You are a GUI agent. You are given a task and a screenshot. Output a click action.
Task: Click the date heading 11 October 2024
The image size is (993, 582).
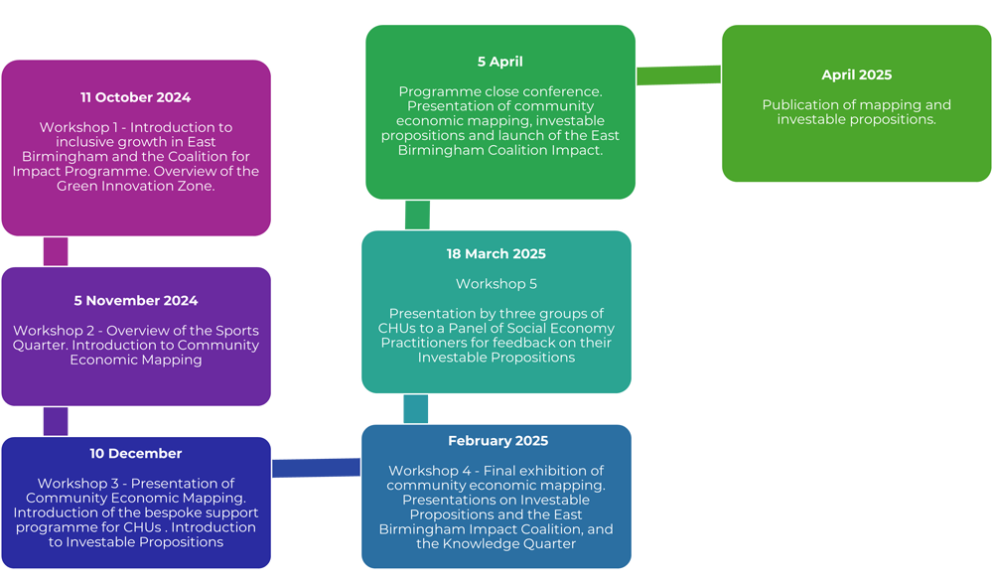pyautogui.click(x=135, y=97)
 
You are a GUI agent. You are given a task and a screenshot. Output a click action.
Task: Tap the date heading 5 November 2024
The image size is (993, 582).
pyautogui.click(x=135, y=301)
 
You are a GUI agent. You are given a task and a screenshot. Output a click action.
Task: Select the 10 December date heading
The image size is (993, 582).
pyautogui.click(x=135, y=454)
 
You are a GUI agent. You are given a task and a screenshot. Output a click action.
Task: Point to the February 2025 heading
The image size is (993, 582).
pyautogui.click(x=497, y=441)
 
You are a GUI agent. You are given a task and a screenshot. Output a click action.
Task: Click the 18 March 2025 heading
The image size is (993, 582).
pyautogui.click(x=496, y=254)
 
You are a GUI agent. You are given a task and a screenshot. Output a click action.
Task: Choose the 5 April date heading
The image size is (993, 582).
pyautogui.click(x=499, y=62)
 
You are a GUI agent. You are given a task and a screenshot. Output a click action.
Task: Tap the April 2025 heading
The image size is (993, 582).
pyautogui.click(x=856, y=75)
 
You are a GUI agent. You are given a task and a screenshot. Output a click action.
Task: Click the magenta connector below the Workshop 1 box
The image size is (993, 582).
pyautogui.click(x=56, y=251)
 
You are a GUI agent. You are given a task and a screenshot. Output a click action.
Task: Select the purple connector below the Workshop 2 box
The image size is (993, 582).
pyautogui.click(x=56, y=421)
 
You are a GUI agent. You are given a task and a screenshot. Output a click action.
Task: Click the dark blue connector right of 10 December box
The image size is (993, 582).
pyautogui.click(x=316, y=462)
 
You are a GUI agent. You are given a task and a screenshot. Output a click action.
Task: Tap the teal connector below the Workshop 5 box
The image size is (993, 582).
pyautogui.click(x=416, y=409)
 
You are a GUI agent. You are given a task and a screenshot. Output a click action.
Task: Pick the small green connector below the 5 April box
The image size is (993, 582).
pyautogui.click(x=417, y=215)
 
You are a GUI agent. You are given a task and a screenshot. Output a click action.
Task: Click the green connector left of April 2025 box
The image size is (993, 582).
pyautogui.click(x=678, y=74)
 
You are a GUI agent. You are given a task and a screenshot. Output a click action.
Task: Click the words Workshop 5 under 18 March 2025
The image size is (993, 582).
pyautogui.click(x=496, y=284)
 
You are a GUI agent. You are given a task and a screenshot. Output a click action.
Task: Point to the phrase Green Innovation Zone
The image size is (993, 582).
pyautogui.click(x=135, y=186)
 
